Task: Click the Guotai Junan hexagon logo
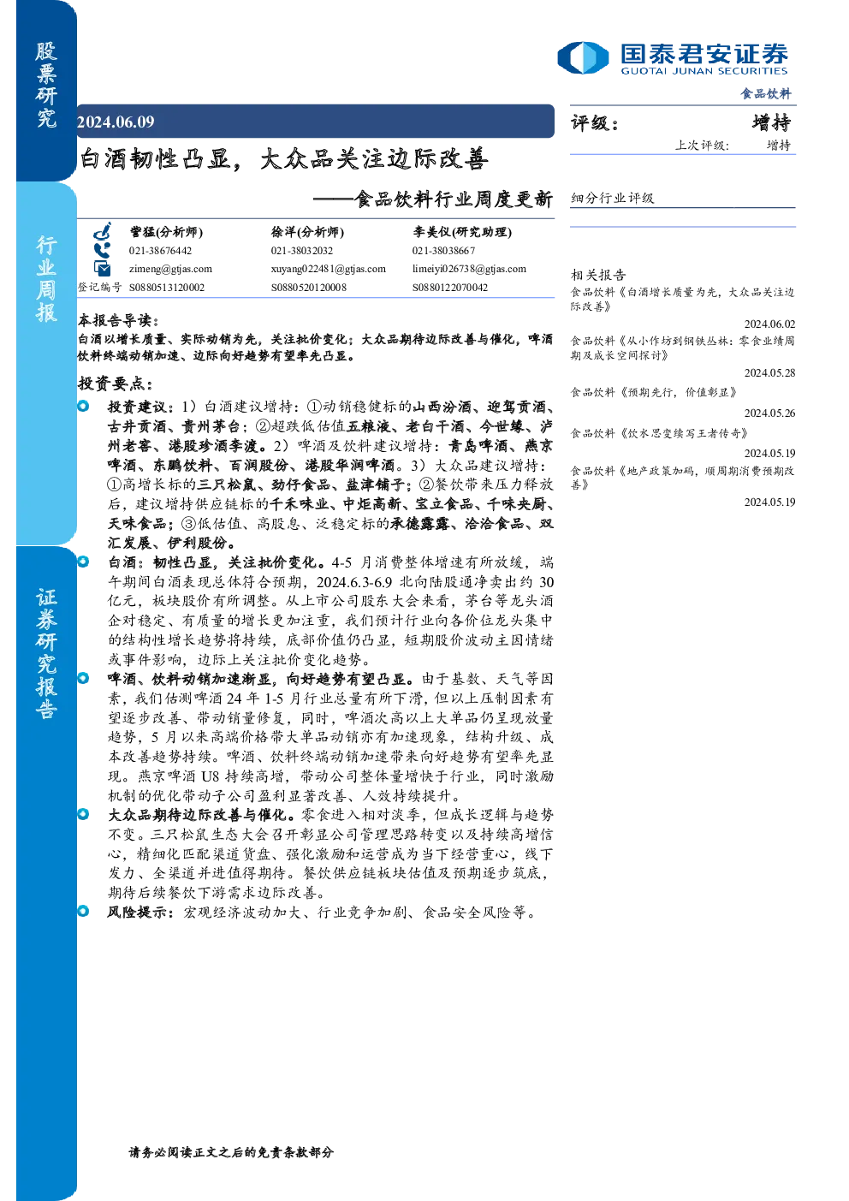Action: (583, 57)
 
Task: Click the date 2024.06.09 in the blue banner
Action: (116, 122)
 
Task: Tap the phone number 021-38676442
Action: (160, 251)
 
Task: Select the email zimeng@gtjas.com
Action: (170, 269)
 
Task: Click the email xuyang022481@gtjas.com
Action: (328, 269)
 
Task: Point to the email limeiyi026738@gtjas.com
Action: (469, 269)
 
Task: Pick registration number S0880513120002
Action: (167, 288)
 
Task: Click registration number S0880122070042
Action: (449, 288)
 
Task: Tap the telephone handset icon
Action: (102, 251)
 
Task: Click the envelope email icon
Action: (102, 268)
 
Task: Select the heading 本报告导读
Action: (118, 320)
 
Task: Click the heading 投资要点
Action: (116, 383)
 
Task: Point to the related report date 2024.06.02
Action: (769, 324)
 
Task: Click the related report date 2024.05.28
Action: (769, 372)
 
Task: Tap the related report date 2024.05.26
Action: (769, 413)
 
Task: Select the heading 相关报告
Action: (598, 275)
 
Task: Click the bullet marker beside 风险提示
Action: (83, 911)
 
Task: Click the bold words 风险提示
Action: (140, 912)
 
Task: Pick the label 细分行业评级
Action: (612, 198)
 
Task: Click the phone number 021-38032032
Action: (302, 251)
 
